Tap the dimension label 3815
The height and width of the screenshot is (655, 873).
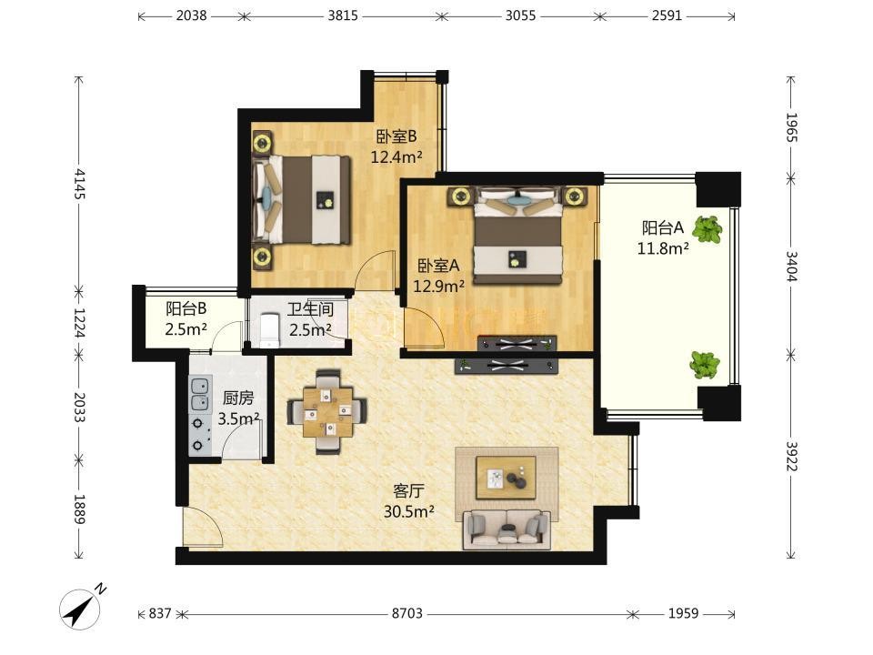coord(343,15)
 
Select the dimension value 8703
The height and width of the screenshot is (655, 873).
coord(407,613)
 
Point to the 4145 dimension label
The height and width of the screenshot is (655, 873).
coord(80,184)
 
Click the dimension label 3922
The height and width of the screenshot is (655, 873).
coord(791,456)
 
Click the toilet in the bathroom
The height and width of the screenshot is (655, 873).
coord(269,330)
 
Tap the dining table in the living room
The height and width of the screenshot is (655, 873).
coord(327,411)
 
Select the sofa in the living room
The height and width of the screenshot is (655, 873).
coord(507,529)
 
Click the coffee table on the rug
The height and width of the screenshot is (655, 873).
coord(506,478)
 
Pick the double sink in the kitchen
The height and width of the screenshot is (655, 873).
coord(200,394)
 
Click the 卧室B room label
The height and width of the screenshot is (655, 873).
coord(396,136)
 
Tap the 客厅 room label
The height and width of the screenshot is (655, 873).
coord(408,490)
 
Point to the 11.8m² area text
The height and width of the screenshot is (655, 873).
coord(663,248)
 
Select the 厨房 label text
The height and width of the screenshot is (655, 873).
coord(237,398)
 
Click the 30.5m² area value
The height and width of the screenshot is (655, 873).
coord(408,511)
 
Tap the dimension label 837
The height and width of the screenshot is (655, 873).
coord(160,613)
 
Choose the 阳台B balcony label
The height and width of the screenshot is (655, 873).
coord(186,308)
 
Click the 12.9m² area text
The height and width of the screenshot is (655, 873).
coord(438,287)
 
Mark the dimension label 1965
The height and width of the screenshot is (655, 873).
coord(791,127)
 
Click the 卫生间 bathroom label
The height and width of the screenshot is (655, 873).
coord(310,309)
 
